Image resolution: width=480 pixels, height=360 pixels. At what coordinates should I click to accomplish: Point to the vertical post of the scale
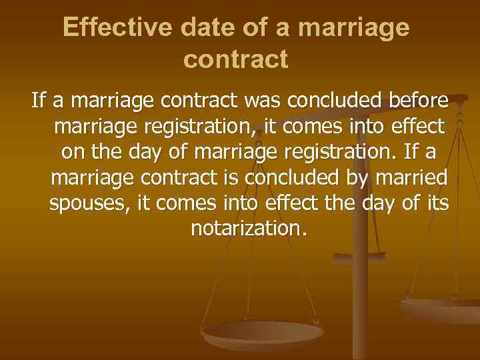[x=361, y=293]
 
